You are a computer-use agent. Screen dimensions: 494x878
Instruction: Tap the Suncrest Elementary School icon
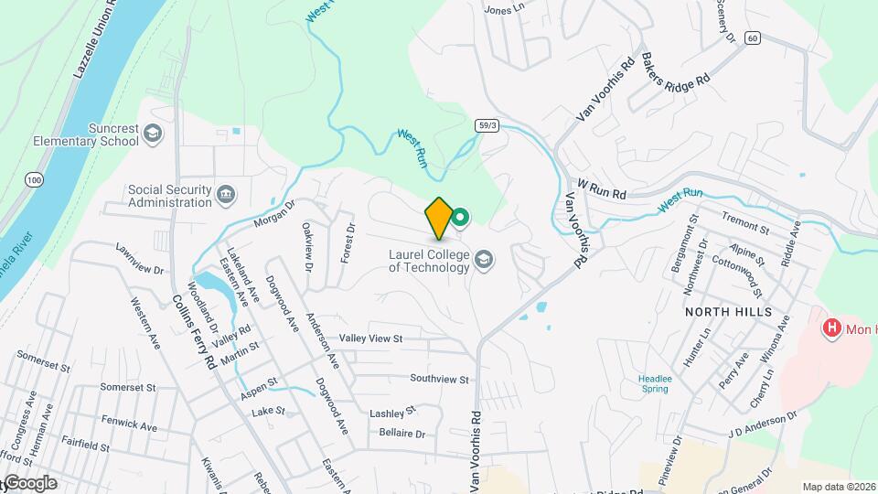tap(153, 135)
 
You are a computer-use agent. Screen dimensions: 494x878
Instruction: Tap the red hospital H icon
tap(831, 328)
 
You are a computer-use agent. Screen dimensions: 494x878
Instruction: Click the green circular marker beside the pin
tap(462, 217)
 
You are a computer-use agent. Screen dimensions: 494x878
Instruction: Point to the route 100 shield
tap(35, 180)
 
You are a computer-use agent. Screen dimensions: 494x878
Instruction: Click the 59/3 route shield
tap(487, 124)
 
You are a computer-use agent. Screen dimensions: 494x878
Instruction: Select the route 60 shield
tap(752, 38)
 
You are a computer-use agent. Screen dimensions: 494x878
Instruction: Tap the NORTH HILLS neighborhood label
tap(729, 312)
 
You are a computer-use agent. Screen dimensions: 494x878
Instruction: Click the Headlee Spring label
tap(653, 382)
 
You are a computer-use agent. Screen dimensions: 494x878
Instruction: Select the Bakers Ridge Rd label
tap(676, 69)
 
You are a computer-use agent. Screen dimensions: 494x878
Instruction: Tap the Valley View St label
tap(370, 338)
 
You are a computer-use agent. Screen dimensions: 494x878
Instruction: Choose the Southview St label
tap(439, 379)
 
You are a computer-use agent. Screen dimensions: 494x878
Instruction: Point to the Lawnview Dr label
tap(139, 259)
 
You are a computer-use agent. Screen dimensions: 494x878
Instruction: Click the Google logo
tap(29, 483)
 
